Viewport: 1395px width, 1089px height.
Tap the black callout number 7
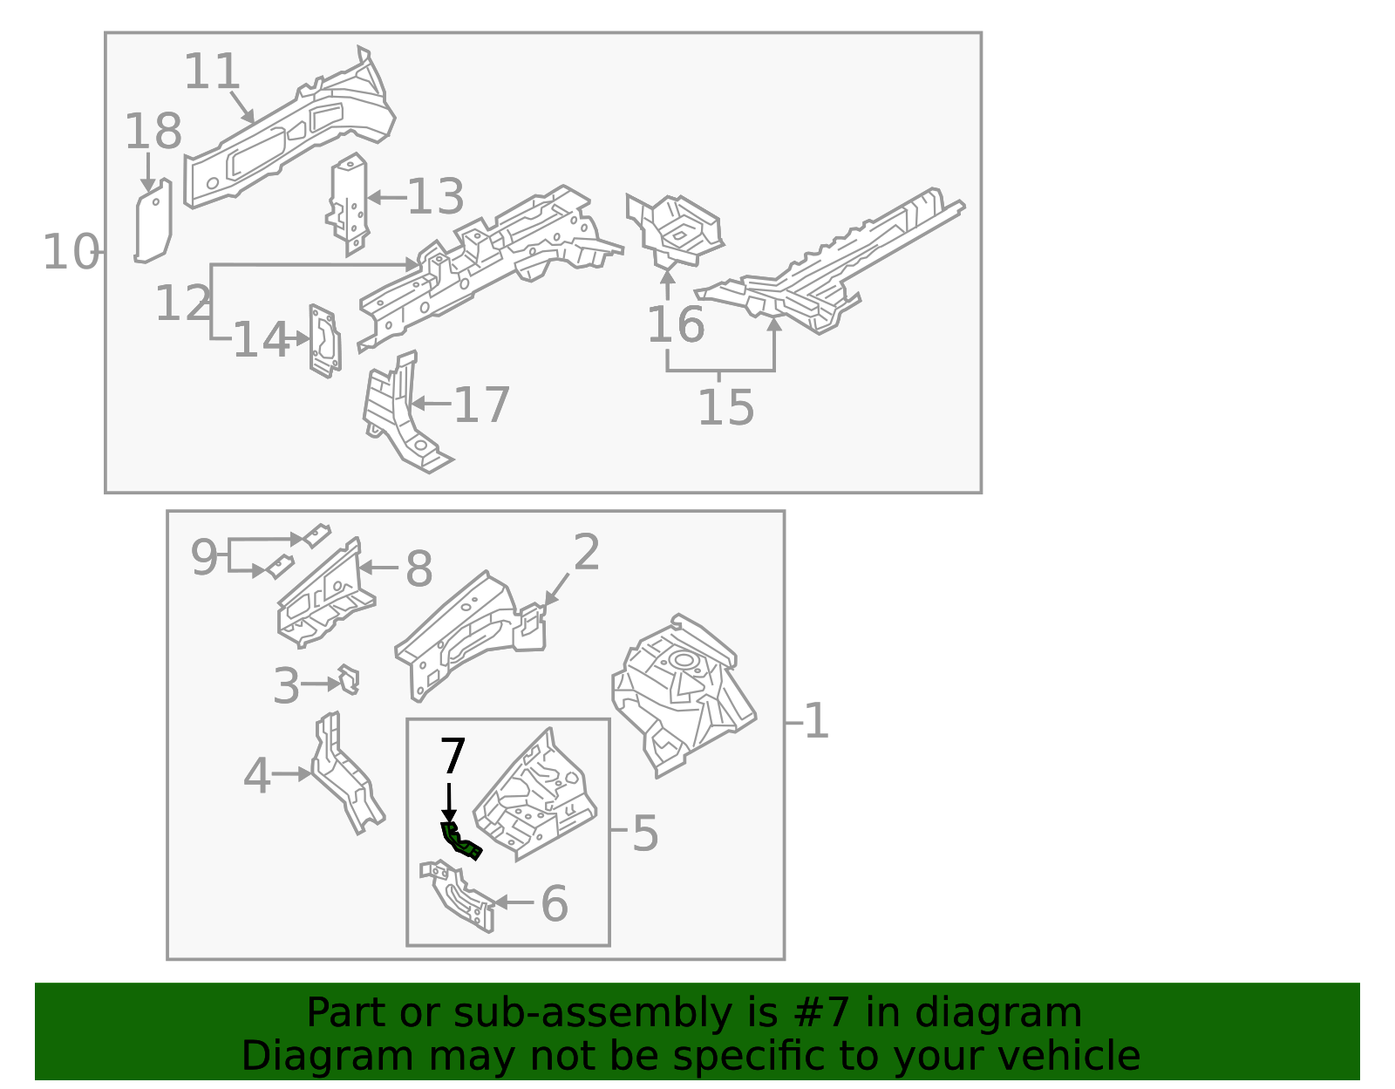tap(453, 757)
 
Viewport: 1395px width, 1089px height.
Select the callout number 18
tap(153, 133)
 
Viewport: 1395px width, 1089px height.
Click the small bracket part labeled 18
tap(153, 223)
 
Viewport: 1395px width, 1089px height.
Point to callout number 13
tap(435, 197)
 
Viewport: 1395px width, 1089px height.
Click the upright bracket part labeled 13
tap(349, 203)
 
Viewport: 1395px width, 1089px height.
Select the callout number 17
tap(481, 405)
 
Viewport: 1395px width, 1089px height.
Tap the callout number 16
tap(675, 325)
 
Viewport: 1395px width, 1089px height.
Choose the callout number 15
tap(725, 407)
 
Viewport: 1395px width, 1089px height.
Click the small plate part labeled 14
tap(324, 341)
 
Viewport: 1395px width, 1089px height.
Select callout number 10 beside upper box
tap(70, 253)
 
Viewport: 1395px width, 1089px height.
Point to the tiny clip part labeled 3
tap(349, 680)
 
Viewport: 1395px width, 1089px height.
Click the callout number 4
tap(256, 776)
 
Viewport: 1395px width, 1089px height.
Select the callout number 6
tap(555, 903)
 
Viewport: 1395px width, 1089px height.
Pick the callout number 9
tap(203, 558)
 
